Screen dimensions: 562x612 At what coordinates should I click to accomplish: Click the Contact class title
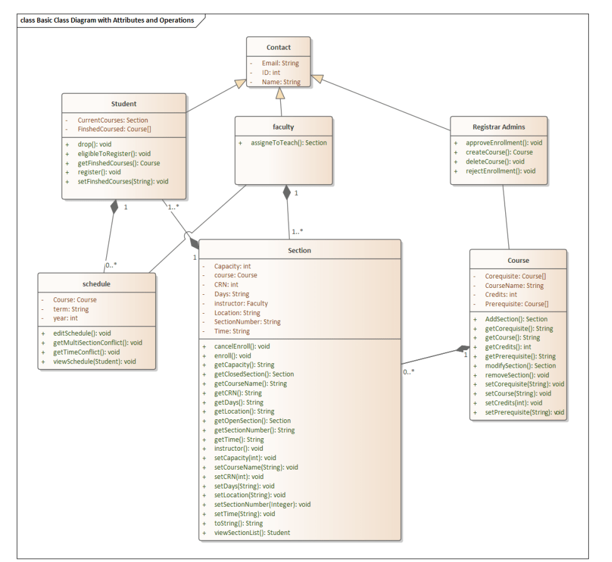point(278,47)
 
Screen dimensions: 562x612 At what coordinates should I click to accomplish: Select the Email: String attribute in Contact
point(280,63)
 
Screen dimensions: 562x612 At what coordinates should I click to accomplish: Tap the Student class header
point(124,104)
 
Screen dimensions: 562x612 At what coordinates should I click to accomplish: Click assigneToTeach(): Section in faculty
point(288,143)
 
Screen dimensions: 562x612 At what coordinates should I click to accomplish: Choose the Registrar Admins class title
point(498,127)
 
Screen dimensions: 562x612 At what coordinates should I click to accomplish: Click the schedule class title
point(96,284)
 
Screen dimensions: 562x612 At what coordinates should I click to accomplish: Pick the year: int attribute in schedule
point(65,318)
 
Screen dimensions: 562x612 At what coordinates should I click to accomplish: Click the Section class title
point(299,250)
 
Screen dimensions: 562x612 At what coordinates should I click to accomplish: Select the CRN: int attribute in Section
point(226,285)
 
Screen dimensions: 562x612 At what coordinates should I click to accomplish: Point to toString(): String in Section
point(238,523)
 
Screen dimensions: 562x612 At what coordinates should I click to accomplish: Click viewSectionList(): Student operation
point(252,532)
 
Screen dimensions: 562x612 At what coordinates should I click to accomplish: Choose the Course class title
point(518,260)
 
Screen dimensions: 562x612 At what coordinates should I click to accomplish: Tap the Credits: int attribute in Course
point(501,294)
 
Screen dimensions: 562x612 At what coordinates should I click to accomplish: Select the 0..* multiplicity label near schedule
point(111,265)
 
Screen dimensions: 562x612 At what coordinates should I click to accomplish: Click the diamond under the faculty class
point(287,192)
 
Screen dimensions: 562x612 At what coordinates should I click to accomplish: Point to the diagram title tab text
point(107,20)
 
